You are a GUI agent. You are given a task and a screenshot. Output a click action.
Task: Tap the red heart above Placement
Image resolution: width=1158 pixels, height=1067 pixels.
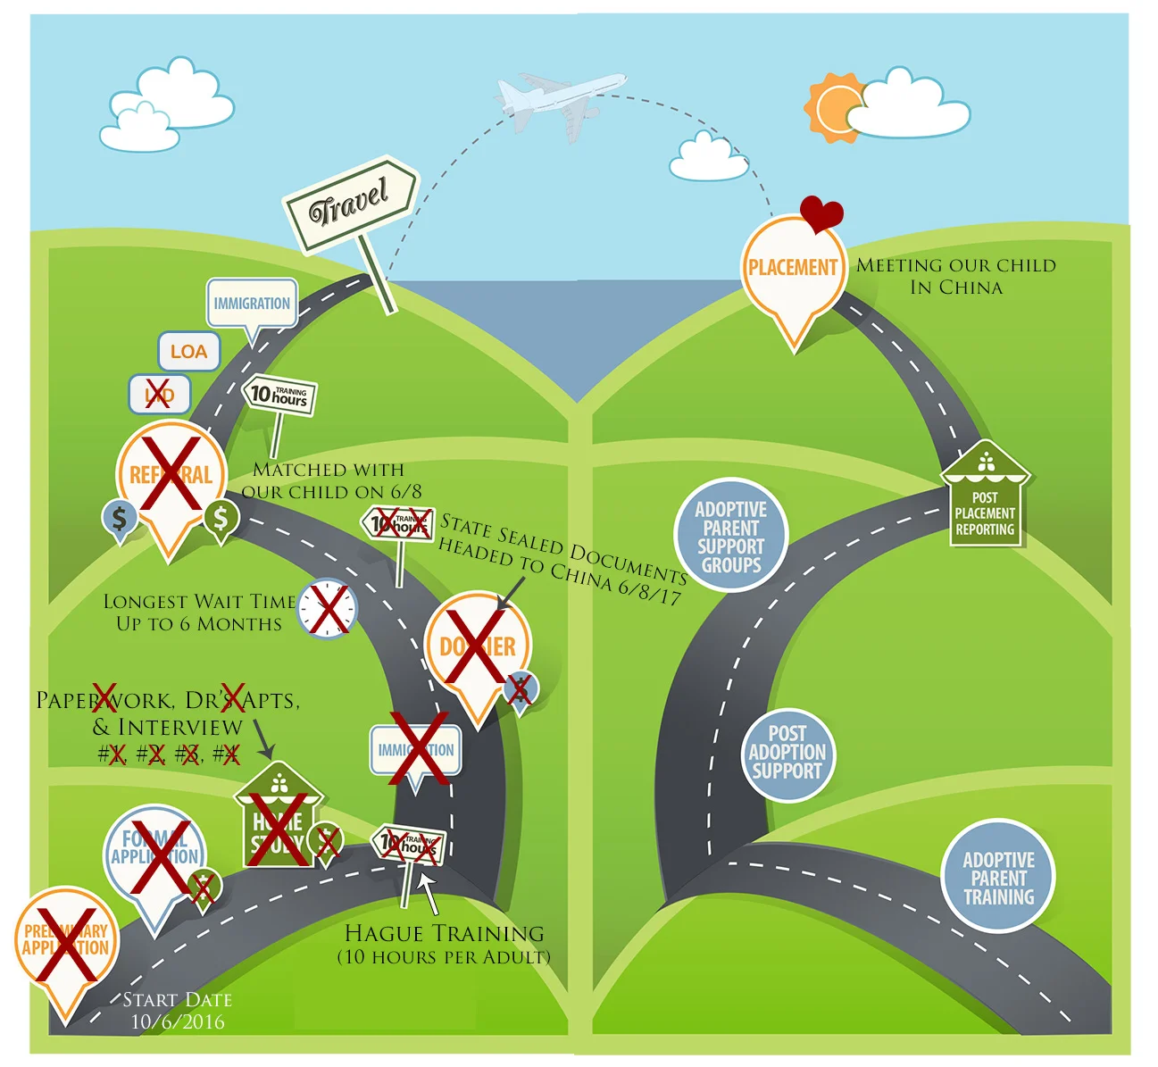pos(821,213)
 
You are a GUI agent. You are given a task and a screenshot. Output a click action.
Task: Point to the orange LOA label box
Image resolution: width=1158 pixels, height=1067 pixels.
pos(189,352)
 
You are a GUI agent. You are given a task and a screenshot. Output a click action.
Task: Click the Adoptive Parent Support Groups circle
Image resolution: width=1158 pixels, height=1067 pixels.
pos(731,537)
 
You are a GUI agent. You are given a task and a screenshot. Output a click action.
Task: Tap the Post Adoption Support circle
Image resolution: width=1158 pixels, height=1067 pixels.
pos(787,753)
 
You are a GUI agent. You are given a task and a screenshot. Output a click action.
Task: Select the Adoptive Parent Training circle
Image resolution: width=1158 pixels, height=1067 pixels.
pos(998,877)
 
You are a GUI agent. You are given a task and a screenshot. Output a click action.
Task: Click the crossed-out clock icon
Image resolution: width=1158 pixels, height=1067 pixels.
pos(327,610)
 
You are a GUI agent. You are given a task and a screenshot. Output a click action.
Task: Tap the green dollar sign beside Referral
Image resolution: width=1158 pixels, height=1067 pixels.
pos(221,516)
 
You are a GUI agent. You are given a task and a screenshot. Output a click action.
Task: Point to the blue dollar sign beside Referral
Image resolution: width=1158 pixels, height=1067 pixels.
pos(119,517)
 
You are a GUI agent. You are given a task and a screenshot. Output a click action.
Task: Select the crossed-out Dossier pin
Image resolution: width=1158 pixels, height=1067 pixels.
pos(478,646)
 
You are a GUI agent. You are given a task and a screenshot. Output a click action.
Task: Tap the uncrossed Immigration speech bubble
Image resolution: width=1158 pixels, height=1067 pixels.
pos(252,304)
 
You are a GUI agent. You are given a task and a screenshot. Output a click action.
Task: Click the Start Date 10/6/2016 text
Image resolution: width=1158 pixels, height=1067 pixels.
pos(178,1011)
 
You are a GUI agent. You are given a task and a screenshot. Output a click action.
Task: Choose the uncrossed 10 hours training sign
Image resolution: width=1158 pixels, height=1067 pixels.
pos(279,394)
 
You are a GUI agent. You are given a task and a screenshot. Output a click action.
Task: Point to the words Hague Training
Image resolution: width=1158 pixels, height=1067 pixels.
pos(444,934)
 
